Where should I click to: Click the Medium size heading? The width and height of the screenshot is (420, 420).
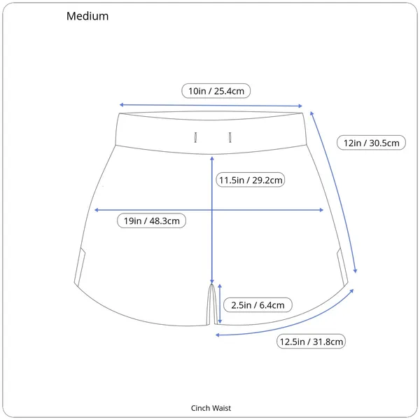(x=87, y=16)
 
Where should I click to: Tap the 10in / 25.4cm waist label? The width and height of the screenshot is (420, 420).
(x=216, y=91)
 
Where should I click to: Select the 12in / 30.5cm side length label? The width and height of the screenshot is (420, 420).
(x=371, y=143)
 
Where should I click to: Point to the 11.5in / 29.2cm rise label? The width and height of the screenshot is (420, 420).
(x=251, y=180)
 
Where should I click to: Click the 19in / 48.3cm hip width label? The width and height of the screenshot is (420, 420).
(x=151, y=220)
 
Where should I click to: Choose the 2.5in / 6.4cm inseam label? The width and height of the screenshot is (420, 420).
(x=258, y=304)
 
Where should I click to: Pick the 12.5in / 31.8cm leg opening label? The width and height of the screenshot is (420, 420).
(x=311, y=342)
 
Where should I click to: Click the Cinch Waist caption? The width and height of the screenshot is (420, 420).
(x=211, y=408)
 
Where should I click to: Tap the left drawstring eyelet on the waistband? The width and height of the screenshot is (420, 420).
(x=195, y=137)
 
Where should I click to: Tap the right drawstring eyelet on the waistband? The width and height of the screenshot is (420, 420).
(x=230, y=137)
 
